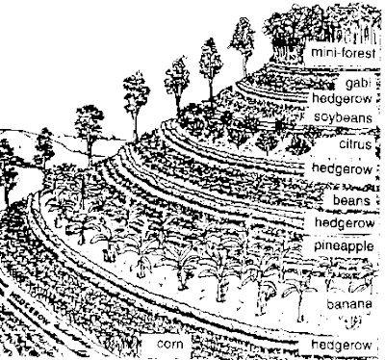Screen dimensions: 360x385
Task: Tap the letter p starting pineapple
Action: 318,247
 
